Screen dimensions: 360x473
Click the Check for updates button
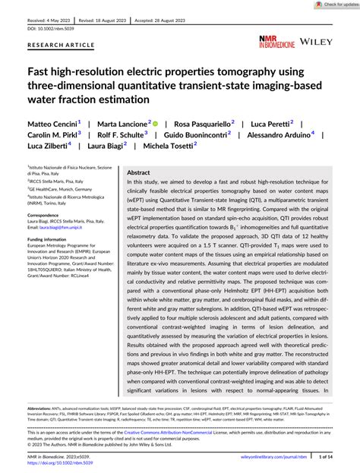[331, 5]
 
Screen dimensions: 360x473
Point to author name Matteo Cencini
[52, 123]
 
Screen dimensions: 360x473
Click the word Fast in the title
[43, 73]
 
